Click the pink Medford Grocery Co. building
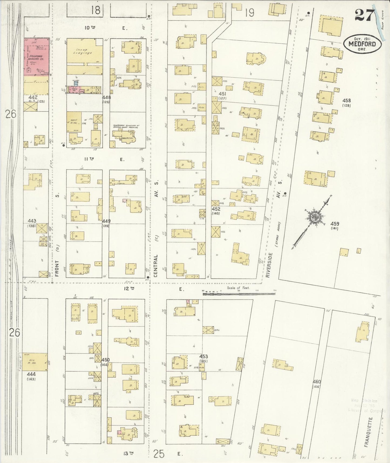(36, 57)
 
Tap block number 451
(222, 94)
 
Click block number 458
(346, 101)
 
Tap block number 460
(317, 382)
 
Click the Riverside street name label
(268, 265)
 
